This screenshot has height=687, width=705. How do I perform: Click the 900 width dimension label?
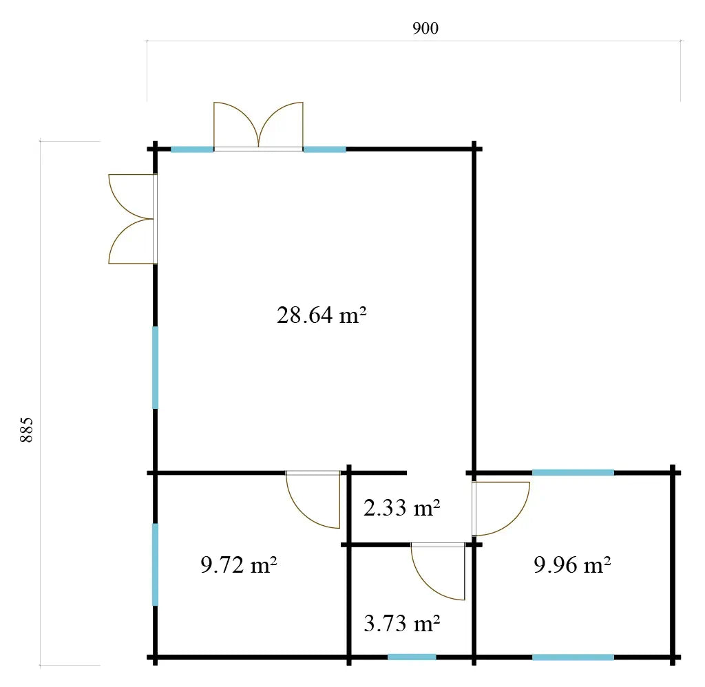click(x=425, y=28)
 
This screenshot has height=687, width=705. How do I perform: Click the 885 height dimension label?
click(x=27, y=430)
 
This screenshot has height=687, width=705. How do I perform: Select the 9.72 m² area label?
click(x=238, y=564)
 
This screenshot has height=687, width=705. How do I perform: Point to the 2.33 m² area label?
click(x=401, y=507)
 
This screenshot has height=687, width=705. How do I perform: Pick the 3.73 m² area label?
click(x=401, y=623)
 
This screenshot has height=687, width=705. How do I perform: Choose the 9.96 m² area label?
click(x=572, y=564)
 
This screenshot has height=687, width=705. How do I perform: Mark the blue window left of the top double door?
click(x=192, y=149)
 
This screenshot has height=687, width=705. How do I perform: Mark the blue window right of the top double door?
click(x=325, y=149)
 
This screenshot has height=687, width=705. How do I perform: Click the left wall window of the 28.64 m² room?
click(x=155, y=368)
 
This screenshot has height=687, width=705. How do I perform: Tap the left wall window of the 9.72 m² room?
click(x=155, y=564)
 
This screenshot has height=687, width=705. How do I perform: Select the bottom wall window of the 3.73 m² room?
click(x=412, y=657)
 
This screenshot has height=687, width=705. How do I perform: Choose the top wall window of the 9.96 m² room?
click(x=573, y=472)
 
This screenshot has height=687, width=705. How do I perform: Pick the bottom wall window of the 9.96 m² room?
click(x=573, y=657)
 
